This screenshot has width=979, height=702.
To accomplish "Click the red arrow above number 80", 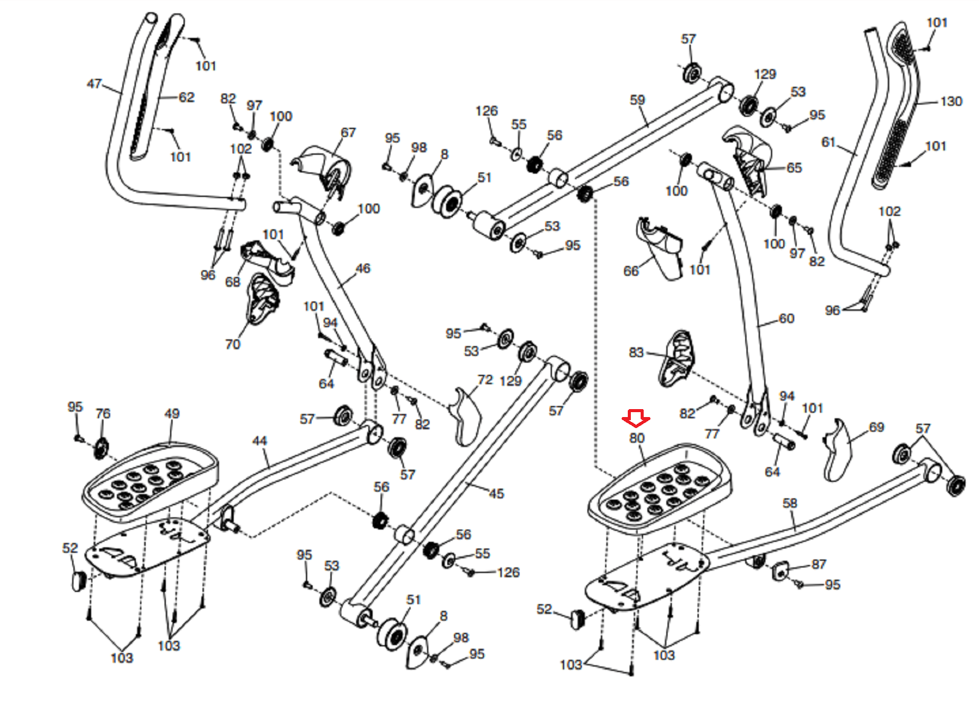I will point(636,419).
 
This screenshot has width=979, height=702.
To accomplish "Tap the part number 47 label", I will point(94,83).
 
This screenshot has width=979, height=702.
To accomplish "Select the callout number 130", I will point(951,102).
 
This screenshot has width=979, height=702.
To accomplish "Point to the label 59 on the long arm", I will point(637,100).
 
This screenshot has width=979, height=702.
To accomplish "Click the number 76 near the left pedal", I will point(103,414).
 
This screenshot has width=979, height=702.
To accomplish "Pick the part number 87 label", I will point(819,564).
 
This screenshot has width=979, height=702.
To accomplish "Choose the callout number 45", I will point(496,493).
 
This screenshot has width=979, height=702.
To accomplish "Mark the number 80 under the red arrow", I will point(637,438).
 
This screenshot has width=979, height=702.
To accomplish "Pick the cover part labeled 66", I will point(661,248).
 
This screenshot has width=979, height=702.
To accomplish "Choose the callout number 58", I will point(790,503).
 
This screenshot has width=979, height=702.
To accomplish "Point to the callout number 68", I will point(233,282).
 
